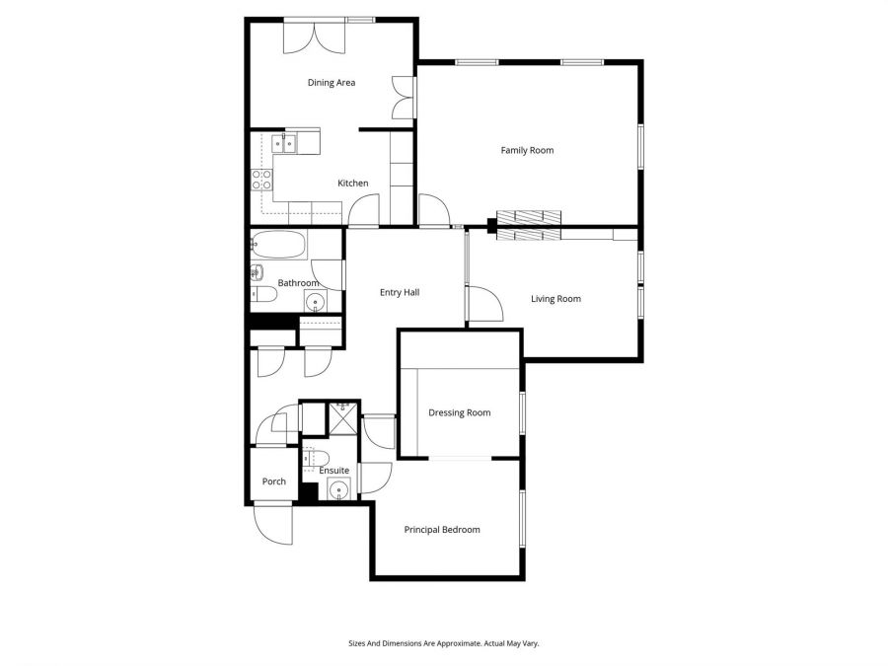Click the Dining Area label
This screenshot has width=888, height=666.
click(x=331, y=83)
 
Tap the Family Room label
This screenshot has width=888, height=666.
click(x=527, y=151)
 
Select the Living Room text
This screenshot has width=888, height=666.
click(x=555, y=299)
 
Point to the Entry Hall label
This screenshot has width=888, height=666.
click(x=401, y=292)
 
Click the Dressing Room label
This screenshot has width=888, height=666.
click(x=459, y=412)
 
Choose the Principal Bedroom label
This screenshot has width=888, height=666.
click(x=442, y=530)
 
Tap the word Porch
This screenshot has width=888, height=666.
click(x=273, y=481)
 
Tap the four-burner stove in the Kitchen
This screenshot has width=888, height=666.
click(x=262, y=179)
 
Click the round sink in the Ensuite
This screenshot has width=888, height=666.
click(x=339, y=490)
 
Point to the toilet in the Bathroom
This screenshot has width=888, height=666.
click(x=262, y=293)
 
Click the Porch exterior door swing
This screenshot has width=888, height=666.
click(x=273, y=522)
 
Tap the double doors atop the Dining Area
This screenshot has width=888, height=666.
click(x=316, y=38)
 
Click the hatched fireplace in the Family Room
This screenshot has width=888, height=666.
click(x=528, y=218)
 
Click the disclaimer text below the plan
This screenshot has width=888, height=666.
click(x=443, y=642)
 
